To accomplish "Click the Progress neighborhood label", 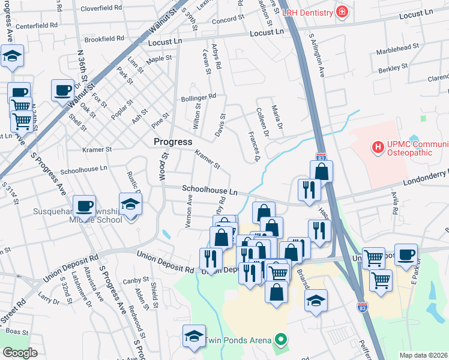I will pyautogui.click(x=173, y=142).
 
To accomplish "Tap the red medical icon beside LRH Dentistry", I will pyautogui.click(x=342, y=12).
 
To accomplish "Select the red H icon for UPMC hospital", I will pyautogui.click(x=378, y=146).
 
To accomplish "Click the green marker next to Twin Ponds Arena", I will pyautogui.click(x=279, y=340).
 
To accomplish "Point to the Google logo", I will pyautogui.click(x=20, y=353).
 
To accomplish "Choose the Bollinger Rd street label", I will pyautogui.click(x=200, y=96).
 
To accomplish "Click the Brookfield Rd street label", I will pyautogui.click(x=104, y=39).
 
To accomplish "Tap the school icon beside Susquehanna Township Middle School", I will pyautogui.click(x=130, y=205).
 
